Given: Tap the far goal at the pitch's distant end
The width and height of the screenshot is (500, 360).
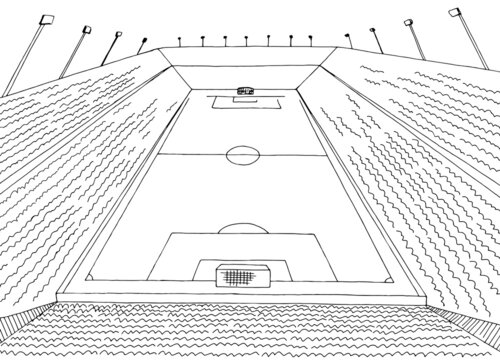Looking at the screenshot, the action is pyautogui.click(x=243, y=90).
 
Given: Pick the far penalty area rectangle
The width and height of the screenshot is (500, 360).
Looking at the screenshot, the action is pyautogui.click(x=243, y=100).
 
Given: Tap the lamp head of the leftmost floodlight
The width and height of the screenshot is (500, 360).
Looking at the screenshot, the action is pyautogui.click(x=45, y=19).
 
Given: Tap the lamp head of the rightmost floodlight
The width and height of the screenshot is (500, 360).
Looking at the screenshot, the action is pyautogui.click(x=455, y=13).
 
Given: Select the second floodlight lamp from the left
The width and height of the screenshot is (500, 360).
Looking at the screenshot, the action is pyautogui.click(x=85, y=30).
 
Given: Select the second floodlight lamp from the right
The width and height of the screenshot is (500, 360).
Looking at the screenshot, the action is pyautogui.click(x=409, y=22).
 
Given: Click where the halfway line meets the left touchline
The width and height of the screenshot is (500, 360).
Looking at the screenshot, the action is pyautogui.click(x=157, y=154).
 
